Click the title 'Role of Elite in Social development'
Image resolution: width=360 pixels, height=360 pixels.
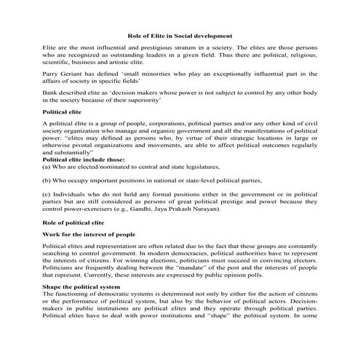point(180,34)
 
